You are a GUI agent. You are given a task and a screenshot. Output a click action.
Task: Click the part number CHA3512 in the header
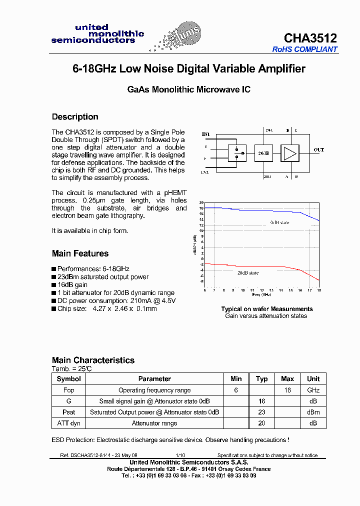310,38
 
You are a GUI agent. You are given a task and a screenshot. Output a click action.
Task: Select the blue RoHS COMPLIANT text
304,49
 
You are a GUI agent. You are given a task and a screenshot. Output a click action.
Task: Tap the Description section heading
75,117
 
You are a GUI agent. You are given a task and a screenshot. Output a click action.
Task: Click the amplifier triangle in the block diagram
289,153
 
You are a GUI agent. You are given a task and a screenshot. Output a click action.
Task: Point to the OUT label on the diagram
318,150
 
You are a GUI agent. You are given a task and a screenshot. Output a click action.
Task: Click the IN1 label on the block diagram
205,134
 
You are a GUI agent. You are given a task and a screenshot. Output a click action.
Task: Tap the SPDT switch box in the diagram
236,153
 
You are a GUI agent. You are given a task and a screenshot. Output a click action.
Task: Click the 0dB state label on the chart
279,222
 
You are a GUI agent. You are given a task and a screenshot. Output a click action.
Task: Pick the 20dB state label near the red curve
248,273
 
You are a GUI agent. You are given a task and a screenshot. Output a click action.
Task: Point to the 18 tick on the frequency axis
318,290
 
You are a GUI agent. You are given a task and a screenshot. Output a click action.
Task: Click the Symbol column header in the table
68,379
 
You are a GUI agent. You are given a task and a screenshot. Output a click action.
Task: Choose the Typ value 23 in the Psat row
262,412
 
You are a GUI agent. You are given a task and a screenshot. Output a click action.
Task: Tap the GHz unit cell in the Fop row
313,390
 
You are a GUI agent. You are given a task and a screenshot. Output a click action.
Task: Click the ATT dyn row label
68,423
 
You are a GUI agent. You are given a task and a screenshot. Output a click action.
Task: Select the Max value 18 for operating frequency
287,390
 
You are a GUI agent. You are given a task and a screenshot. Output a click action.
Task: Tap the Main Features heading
80,253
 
